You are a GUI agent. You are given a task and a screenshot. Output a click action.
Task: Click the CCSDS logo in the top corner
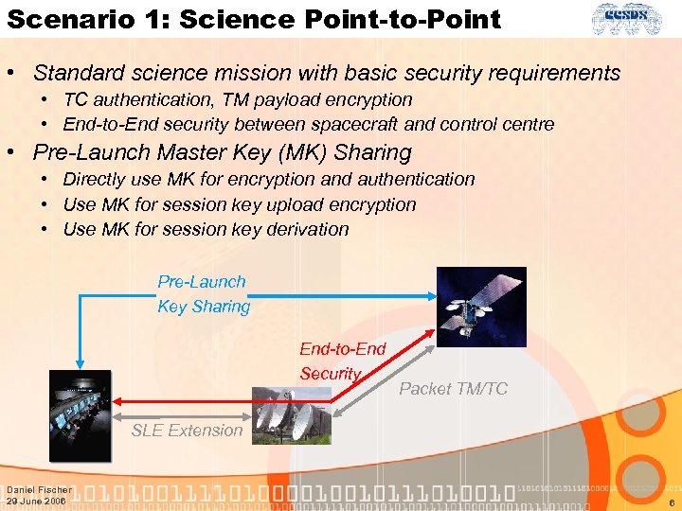click(x=636, y=18)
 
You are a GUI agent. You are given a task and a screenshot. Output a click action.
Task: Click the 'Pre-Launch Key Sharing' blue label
click(x=203, y=293)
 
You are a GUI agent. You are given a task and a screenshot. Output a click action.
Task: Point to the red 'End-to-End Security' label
click(x=342, y=361)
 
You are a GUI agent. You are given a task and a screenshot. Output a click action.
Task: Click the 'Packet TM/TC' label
click(x=453, y=388)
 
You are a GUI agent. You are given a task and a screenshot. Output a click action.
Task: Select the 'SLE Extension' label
click(x=187, y=430)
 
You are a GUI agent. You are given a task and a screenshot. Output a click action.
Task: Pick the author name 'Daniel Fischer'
click(x=39, y=489)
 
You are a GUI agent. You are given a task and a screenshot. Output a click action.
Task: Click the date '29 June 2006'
click(x=36, y=501)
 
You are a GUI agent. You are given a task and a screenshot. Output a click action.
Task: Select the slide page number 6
click(x=670, y=504)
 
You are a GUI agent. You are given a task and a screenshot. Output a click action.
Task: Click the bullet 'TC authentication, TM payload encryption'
click(x=237, y=99)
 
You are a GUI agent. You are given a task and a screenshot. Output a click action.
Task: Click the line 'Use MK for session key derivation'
click(x=206, y=229)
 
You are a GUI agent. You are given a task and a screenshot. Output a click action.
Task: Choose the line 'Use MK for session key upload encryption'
click(x=239, y=204)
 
